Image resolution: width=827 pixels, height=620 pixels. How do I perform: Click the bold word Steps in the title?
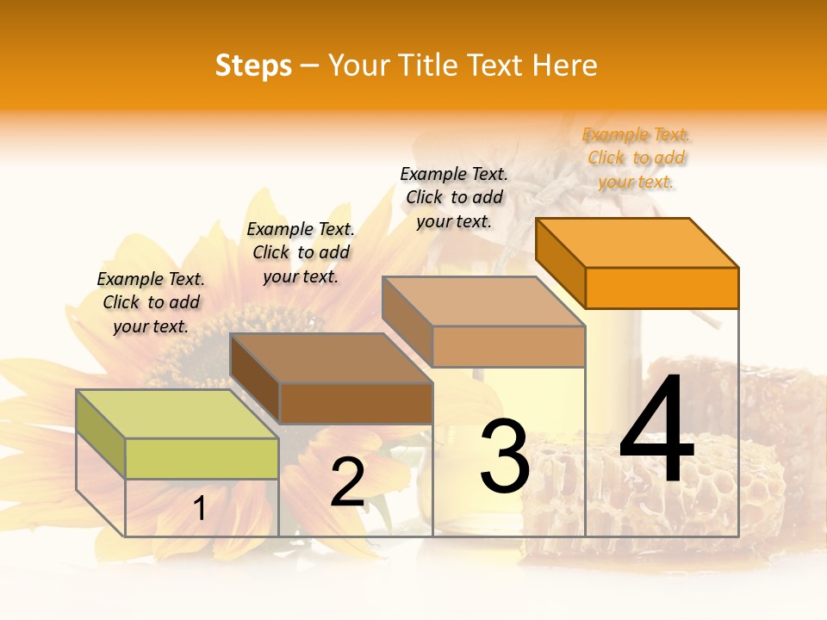point(253,66)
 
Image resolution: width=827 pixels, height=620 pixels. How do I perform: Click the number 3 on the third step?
point(505,456)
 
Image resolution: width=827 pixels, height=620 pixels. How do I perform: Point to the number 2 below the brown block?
point(347,483)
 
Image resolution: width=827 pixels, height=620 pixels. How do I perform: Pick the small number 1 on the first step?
point(200,509)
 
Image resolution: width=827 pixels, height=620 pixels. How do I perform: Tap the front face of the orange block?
point(662,288)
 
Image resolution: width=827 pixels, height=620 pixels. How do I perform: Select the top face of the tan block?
point(482,301)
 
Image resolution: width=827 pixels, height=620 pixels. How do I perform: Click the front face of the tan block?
point(508,346)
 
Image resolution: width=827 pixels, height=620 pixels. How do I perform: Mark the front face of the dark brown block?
point(356,403)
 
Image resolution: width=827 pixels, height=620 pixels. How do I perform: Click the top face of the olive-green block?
point(177,414)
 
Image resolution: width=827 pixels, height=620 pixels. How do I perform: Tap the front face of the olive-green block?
point(202,458)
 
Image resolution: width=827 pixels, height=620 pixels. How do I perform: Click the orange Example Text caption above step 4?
point(636,158)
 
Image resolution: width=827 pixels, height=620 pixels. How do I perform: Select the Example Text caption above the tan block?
point(454,197)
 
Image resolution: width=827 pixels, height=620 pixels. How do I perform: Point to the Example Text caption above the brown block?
point(301,252)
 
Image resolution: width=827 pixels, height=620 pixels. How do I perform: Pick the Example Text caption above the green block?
point(151,302)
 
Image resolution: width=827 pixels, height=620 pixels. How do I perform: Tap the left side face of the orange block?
point(560,263)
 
